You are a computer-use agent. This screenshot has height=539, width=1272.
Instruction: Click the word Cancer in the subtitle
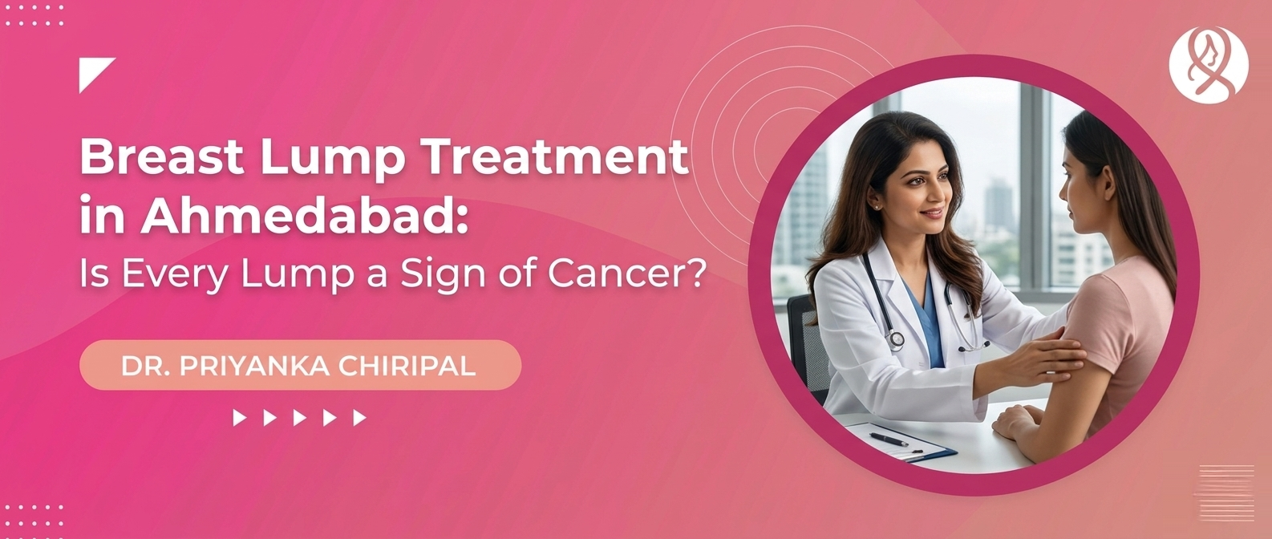pyautogui.click(x=627, y=274)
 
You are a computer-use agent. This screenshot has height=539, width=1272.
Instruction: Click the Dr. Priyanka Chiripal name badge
pyautogui.click(x=300, y=366)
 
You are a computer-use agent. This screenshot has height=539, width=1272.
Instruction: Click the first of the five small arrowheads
pyautogui.click(x=239, y=417)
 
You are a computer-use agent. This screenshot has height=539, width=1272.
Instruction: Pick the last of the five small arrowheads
pyautogui.click(x=359, y=417)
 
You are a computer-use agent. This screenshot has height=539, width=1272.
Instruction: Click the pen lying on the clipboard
pyautogui.click(x=889, y=440)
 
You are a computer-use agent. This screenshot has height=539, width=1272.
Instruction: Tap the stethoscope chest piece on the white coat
pyautogui.click(x=896, y=339)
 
